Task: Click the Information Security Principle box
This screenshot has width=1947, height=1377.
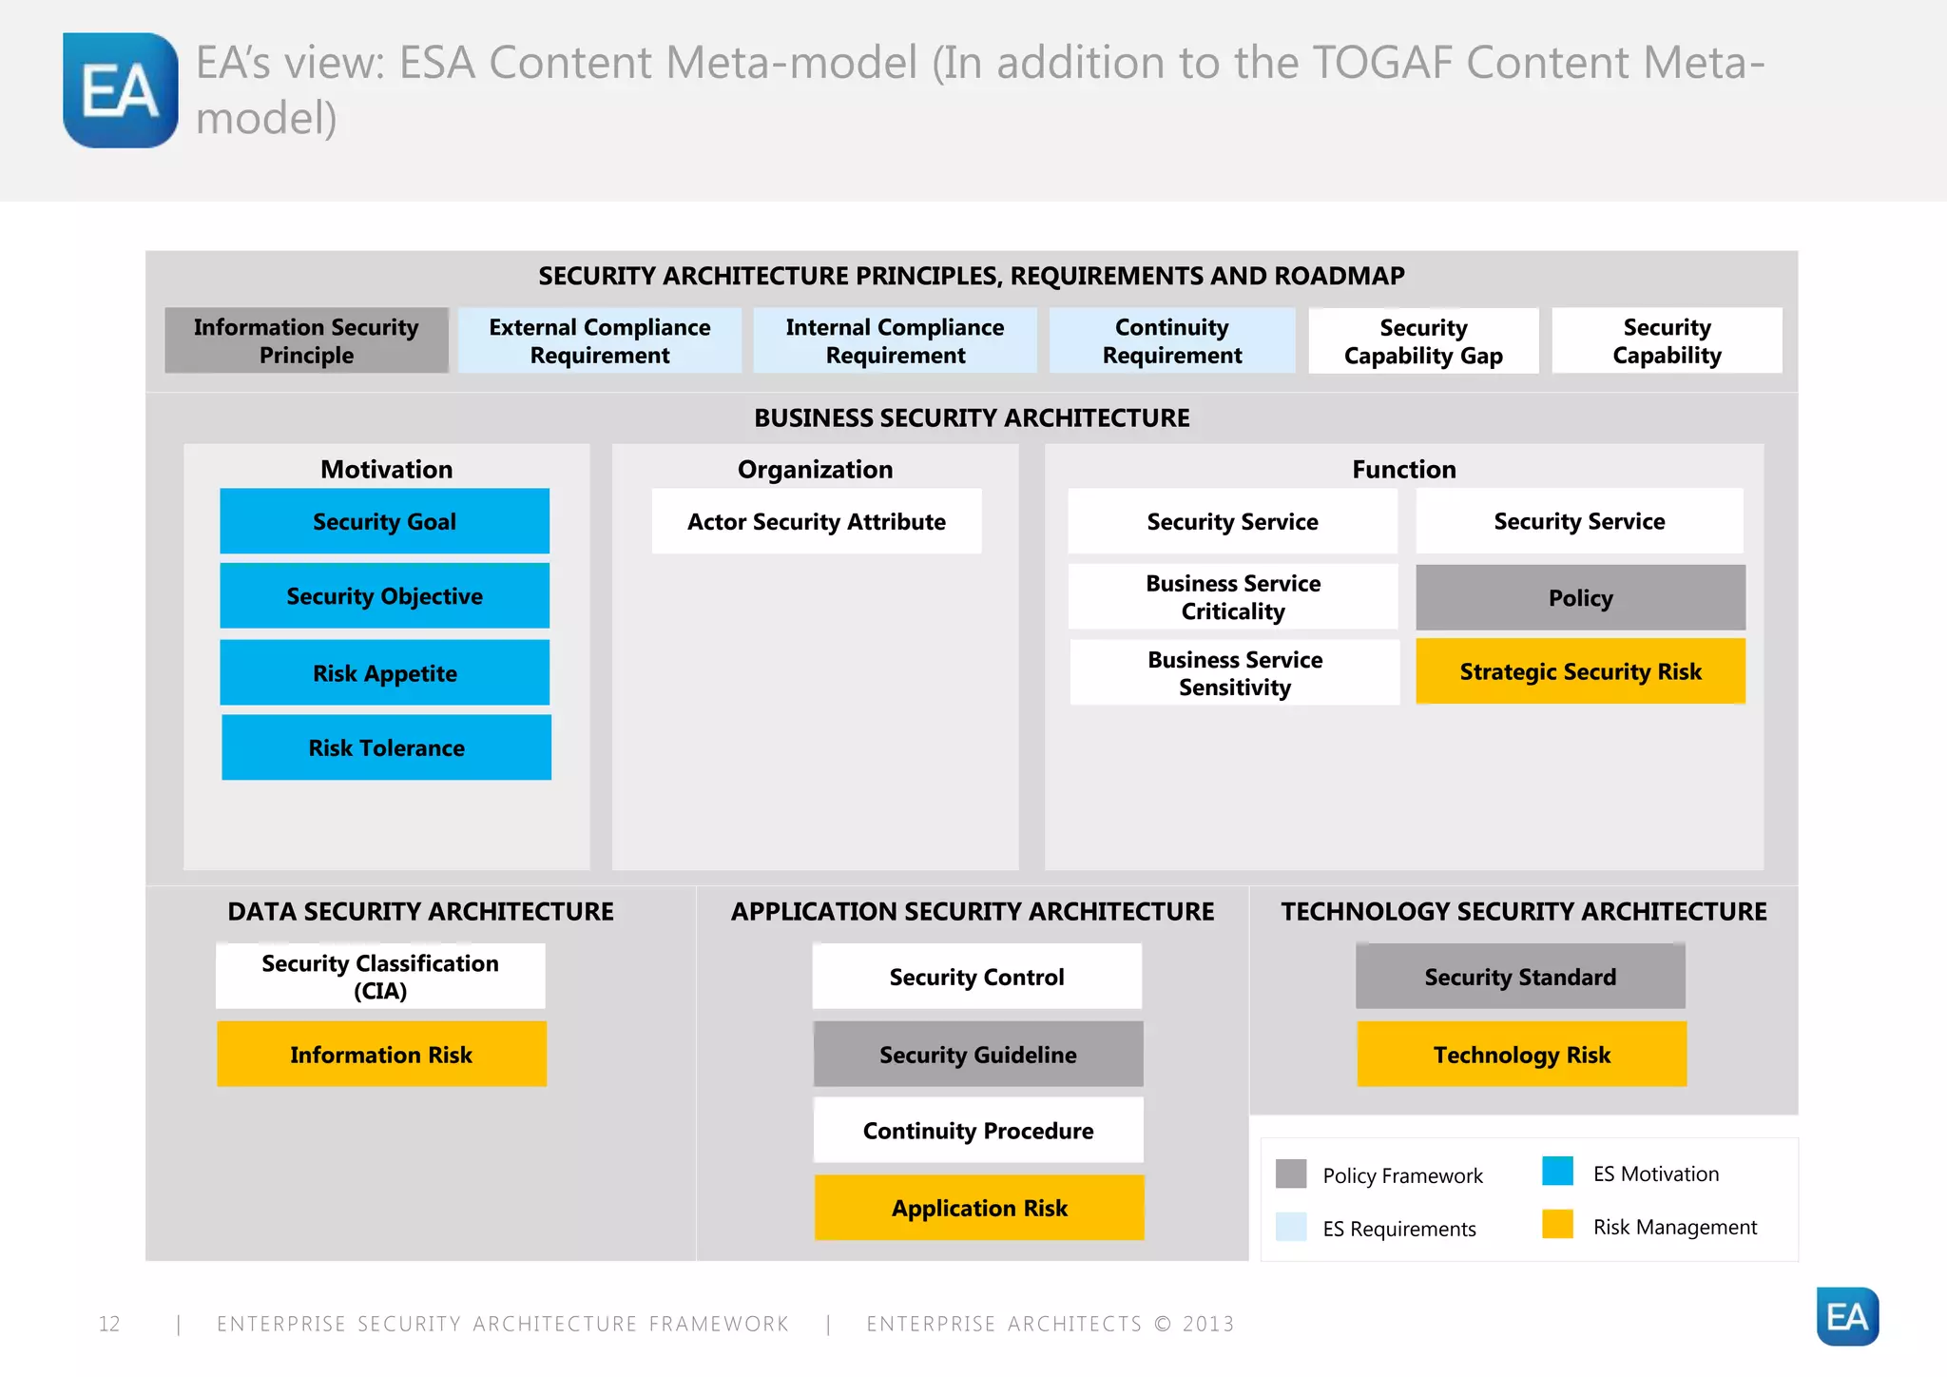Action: [x=306, y=340]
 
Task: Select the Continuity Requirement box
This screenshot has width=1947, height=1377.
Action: [x=1171, y=340]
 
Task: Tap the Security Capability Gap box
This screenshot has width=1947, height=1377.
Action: [x=1423, y=340]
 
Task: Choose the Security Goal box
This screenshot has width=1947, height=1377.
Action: [x=384, y=521]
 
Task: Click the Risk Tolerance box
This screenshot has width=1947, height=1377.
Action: [x=386, y=747]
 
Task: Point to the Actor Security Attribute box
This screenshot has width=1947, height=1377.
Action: [x=816, y=521]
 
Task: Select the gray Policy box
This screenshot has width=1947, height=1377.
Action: [x=1580, y=597]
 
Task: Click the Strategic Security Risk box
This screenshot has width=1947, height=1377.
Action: [x=1580, y=671]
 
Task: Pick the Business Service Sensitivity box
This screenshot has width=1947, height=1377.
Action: [x=1234, y=672]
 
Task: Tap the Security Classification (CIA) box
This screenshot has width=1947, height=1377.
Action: [x=380, y=977]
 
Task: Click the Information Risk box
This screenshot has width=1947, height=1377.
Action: [x=381, y=1054]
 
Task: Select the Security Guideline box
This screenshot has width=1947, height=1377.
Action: [x=977, y=1054]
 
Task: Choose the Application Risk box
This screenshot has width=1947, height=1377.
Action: [x=979, y=1208]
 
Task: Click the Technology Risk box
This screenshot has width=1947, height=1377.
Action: [x=1521, y=1054]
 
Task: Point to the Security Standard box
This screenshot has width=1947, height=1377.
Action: [x=1519, y=977]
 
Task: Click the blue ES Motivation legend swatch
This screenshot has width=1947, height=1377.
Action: [x=1557, y=1171]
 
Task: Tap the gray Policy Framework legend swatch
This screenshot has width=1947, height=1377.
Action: [x=1291, y=1173]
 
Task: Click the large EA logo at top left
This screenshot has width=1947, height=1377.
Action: [x=120, y=90]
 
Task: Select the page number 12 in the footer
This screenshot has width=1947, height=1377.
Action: [x=109, y=1324]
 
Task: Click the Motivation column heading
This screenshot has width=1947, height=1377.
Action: [x=386, y=469]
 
